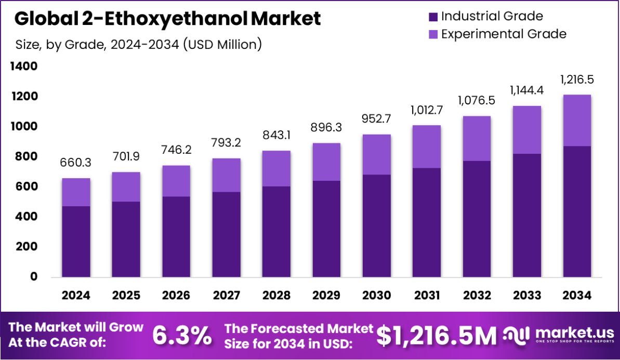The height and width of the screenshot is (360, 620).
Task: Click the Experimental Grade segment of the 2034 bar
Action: click(x=577, y=121)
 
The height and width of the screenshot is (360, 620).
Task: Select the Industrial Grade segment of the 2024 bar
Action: click(x=76, y=242)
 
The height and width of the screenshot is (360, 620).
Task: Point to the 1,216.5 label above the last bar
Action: click(x=577, y=79)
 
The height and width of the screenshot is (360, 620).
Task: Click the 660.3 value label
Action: click(x=76, y=164)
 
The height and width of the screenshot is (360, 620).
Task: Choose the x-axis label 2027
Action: click(x=226, y=296)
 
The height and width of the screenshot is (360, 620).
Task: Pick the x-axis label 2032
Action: click(x=477, y=296)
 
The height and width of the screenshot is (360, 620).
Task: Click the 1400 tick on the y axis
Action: click(x=24, y=66)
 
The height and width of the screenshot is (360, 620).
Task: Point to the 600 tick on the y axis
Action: click(x=27, y=186)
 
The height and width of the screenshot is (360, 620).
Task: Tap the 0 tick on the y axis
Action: click(x=34, y=277)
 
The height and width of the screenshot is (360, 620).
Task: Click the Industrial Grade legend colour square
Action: click(x=433, y=17)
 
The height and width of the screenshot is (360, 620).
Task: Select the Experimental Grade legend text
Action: click(x=503, y=34)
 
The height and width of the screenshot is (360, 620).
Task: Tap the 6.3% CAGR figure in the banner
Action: click(x=182, y=336)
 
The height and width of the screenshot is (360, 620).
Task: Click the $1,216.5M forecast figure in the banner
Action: click(x=437, y=336)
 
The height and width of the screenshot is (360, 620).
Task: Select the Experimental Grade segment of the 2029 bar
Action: click(x=326, y=162)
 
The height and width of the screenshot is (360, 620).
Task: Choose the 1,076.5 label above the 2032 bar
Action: click(x=477, y=101)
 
